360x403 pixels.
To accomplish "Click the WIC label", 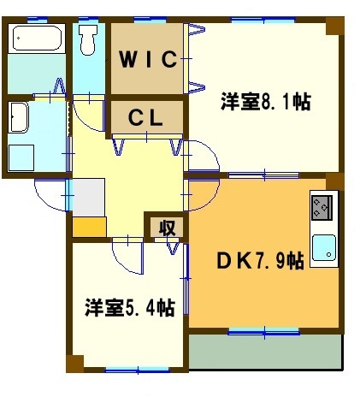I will [147, 59].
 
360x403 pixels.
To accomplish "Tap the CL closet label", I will [146, 118].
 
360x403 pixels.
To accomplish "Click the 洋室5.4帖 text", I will [129, 306].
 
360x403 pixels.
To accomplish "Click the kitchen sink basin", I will [324, 248].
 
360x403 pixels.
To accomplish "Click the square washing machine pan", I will [22, 157].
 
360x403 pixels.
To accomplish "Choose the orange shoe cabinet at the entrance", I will [89, 228].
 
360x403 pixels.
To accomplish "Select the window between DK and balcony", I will [263, 329].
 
